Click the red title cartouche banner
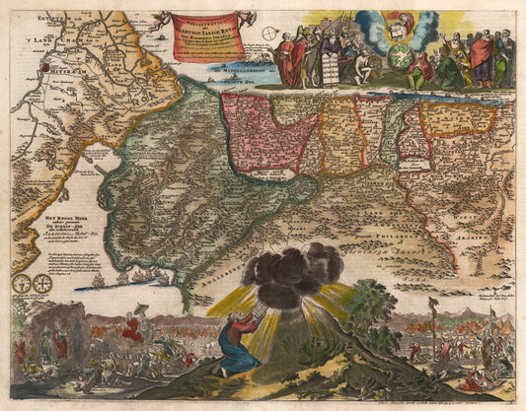(208, 36)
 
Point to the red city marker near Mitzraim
(44, 67)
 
